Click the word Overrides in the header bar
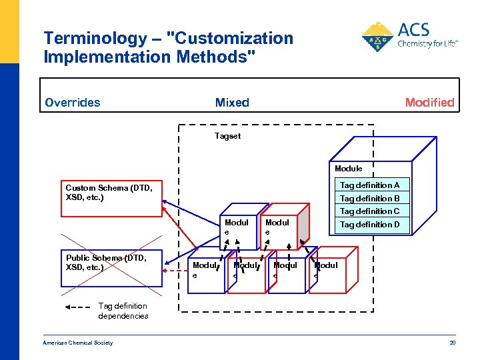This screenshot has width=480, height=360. [73, 103]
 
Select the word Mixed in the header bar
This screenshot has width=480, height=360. [232, 103]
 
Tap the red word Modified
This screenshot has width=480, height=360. [429, 103]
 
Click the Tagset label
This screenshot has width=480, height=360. [227, 136]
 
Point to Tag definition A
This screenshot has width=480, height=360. [369, 185]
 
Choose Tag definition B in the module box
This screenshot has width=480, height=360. [369, 199]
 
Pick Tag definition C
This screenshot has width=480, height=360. [369, 211]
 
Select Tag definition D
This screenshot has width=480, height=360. [369, 225]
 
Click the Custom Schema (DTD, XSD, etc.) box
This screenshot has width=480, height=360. [112, 193]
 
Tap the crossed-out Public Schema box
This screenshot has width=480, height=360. [112, 263]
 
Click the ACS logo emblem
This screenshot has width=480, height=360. [377, 36]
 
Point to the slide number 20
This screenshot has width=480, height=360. [451, 343]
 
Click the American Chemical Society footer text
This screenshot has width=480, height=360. [78, 343]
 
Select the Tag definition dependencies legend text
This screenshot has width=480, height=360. [123, 311]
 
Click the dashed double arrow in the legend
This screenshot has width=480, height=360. [79, 307]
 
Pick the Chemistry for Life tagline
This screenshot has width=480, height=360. [427, 45]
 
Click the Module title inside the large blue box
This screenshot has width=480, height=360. [348, 169]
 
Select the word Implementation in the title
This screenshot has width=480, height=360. [108, 57]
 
